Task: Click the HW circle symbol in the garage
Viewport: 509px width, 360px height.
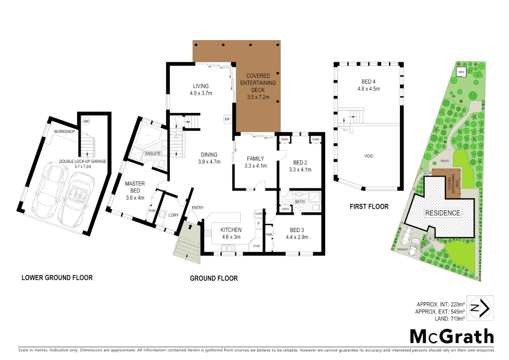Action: (x=86, y=121)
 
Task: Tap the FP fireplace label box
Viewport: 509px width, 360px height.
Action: (x=227, y=119)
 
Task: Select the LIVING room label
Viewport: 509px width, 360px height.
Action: (x=201, y=86)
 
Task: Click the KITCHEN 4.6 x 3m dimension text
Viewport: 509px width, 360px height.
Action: (x=231, y=237)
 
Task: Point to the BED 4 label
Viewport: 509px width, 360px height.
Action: (x=368, y=82)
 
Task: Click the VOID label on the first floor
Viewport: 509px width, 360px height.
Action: (x=369, y=156)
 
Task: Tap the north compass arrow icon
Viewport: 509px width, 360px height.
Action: (x=480, y=308)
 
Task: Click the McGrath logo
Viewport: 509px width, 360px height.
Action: (x=452, y=336)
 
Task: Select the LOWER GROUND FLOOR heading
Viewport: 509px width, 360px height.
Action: (x=57, y=278)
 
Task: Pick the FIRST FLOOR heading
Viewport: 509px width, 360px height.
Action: (x=369, y=207)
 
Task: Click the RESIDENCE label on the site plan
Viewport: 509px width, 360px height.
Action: (x=443, y=213)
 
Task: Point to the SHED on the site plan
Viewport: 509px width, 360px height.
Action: (x=461, y=72)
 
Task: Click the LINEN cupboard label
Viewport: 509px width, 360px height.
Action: (x=285, y=209)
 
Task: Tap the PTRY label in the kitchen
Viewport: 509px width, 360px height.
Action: (x=256, y=246)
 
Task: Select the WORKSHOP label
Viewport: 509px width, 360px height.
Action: (x=64, y=132)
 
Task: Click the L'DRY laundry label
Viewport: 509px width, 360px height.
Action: (x=174, y=215)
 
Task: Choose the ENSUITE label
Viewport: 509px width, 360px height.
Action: (x=153, y=154)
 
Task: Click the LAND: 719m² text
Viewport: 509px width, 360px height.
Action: (x=449, y=319)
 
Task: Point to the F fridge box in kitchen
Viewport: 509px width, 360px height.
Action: (x=258, y=224)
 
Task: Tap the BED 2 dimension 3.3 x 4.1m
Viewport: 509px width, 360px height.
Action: (x=300, y=170)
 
